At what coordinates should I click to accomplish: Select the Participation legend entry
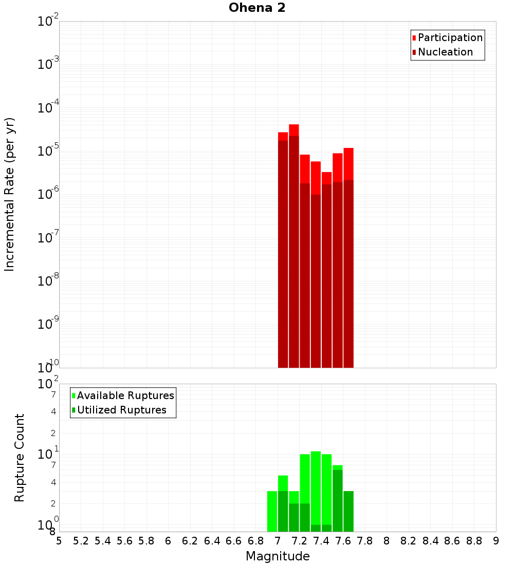point(450,38)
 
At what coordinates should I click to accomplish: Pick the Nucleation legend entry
point(445,52)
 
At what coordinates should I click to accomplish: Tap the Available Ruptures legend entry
point(125,396)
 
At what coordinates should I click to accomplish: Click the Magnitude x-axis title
point(278,556)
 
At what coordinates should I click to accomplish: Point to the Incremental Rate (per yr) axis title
point(10,194)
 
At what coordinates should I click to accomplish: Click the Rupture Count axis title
point(20,458)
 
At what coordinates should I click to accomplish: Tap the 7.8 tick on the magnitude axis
point(365,541)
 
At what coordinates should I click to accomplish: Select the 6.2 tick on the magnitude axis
point(190,541)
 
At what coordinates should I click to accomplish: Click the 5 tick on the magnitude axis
point(59,541)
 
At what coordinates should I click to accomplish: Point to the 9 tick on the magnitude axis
point(496,541)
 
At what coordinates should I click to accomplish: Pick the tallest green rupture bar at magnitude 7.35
point(316,488)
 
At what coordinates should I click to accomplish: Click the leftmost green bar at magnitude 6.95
point(272,511)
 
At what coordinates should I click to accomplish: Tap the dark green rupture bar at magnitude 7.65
point(348,511)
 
